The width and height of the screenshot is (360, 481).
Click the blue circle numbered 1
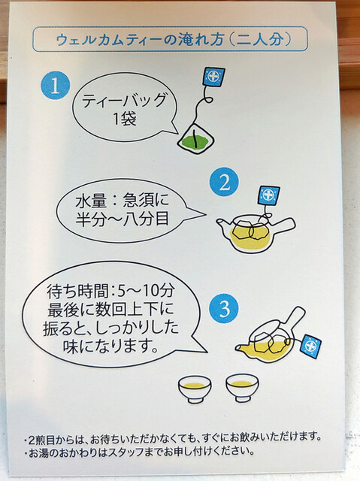pyautogui.click(x=55, y=85)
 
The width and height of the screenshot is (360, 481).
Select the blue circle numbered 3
pyautogui.click(x=225, y=308)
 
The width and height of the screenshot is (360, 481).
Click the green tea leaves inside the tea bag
pyautogui.click(x=195, y=141)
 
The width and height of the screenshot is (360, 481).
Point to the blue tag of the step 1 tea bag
pyautogui.click(x=213, y=77)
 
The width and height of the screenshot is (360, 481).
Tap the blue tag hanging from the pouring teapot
pyautogui.click(x=311, y=346)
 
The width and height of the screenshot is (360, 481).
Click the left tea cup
pyautogui.click(x=195, y=389)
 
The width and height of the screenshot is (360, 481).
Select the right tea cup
pyautogui.click(x=242, y=388)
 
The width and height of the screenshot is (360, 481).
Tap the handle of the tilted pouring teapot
pyautogui.click(x=294, y=317)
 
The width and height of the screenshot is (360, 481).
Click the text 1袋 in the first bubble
pyautogui.click(x=125, y=118)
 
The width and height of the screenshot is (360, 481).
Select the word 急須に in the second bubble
pyautogui.click(x=146, y=201)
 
